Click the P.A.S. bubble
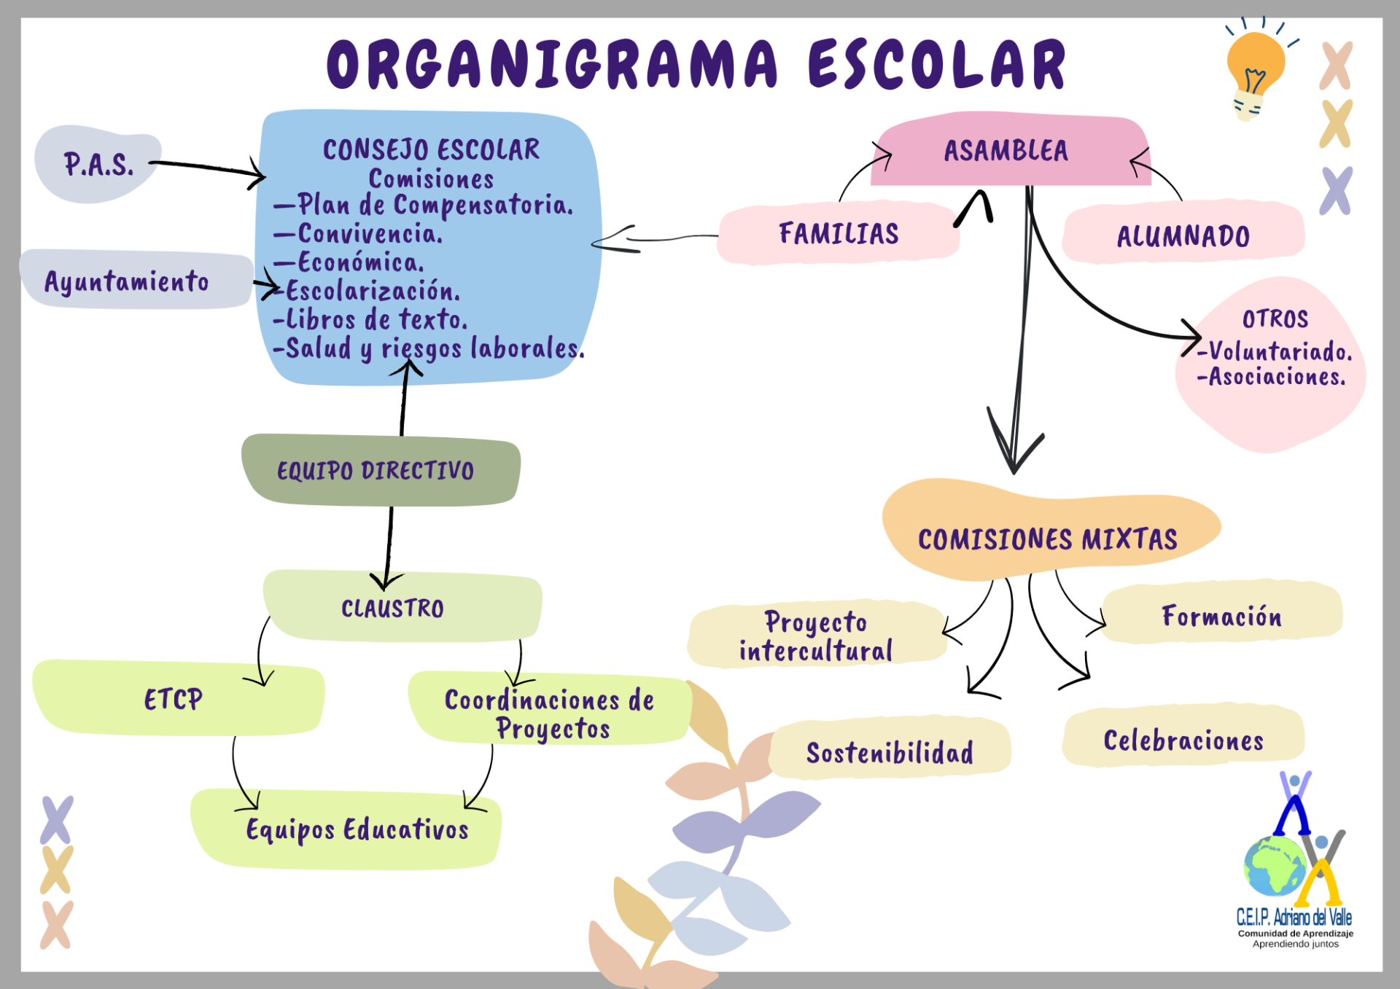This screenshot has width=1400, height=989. [x=98, y=165]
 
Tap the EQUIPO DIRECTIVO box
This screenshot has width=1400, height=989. [x=379, y=470]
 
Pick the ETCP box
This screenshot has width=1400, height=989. [x=175, y=699]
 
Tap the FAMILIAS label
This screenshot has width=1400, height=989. [x=839, y=233]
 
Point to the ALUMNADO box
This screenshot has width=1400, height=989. [x=1183, y=235]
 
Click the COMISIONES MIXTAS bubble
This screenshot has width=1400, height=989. [x=1047, y=537]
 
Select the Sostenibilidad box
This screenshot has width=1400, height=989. [x=890, y=751]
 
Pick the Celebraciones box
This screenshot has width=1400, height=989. [x=1183, y=739]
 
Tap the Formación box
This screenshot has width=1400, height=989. [x=1221, y=616]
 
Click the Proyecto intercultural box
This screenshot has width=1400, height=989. [x=816, y=636]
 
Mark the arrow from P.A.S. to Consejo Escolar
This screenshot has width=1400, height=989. [x=208, y=168]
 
